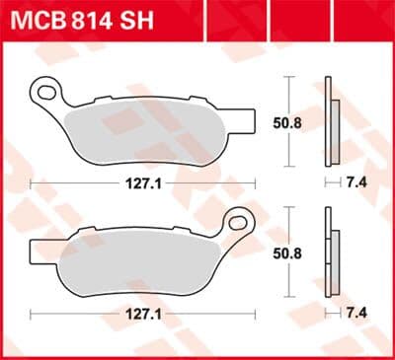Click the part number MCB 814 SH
[x=82, y=21]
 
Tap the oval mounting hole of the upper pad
[x=46, y=93]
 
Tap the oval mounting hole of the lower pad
[x=238, y=223]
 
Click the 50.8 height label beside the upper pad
[x=287, y=123]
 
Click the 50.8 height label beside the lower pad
[x=287, y=253]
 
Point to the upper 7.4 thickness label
[x=356, y=181]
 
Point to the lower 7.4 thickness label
[x=356, y=313]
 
